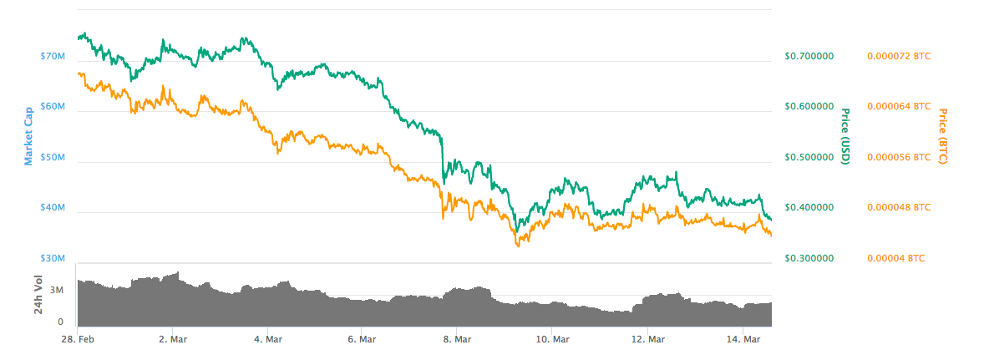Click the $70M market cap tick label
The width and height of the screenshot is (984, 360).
(52, 57)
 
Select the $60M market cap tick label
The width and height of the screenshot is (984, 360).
(52, 107)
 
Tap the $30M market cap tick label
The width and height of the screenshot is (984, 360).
(52, 259)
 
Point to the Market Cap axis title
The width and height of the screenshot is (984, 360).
(29, 134)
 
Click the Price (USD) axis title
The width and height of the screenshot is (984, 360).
(845, 136)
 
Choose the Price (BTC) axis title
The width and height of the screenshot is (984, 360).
(943, 136)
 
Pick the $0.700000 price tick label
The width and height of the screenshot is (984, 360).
(809, 57)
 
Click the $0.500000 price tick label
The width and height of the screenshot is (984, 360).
(809, 157)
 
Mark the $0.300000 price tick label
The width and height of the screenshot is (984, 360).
(809, 259)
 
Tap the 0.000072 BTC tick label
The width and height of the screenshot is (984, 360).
(898, 57)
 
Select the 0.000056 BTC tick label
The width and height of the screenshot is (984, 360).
(898, 157)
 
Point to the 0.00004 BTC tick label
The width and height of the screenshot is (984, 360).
(895, 259)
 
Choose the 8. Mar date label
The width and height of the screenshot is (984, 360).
(457, 339)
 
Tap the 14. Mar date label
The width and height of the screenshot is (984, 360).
(743, 339)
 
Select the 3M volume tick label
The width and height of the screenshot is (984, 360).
(57, 291)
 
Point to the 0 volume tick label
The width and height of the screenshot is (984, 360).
(60, 321)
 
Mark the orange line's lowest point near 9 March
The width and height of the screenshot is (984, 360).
(518, 246)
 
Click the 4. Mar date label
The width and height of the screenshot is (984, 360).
(266, 339)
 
